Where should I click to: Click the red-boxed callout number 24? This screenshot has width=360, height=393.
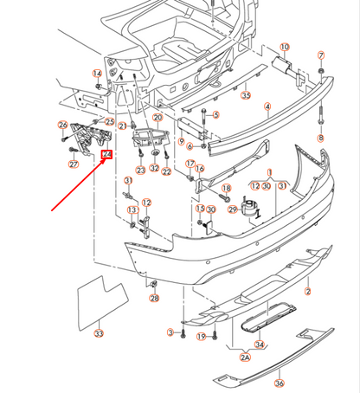(106, 156)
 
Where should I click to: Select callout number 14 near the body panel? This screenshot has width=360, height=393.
(99, 73)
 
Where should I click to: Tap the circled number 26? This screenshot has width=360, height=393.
(63, 126)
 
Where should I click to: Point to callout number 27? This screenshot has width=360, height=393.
(74, 164)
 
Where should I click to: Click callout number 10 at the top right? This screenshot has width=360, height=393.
(285, 46)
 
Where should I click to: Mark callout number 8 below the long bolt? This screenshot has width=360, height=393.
(320, 138)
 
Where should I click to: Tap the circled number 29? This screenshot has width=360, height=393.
(233, 209)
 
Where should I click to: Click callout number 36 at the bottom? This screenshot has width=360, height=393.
(279, 383)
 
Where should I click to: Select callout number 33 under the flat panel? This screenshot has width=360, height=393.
(99, 332)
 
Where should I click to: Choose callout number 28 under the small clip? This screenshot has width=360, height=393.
(154, 299)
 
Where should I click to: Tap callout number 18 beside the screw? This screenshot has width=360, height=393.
(226, 188)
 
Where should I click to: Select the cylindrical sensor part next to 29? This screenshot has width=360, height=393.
(254, 209)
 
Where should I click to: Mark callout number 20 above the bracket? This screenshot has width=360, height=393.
(157, 117)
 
